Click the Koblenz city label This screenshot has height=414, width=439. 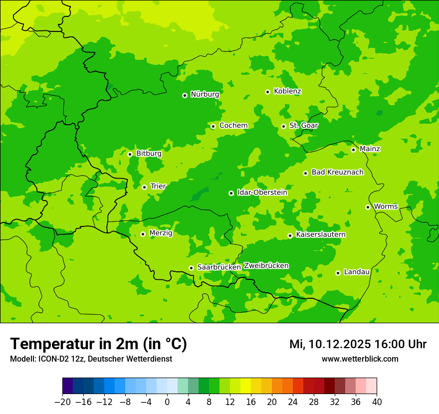(287, 91)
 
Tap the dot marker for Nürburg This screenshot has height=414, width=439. (185, 95)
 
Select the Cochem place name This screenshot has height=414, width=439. (233, 126)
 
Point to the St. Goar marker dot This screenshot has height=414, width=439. (283, 126)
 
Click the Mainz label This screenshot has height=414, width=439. (370, 149)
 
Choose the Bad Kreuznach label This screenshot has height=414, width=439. (337, 172)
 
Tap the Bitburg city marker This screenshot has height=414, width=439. (130, 154)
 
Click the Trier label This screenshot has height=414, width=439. (158, 187)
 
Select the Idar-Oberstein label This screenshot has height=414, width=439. (262, 193)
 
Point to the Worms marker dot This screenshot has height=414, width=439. (368, 207)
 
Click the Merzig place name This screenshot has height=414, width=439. (161, 233)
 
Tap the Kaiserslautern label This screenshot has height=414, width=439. (321, 234)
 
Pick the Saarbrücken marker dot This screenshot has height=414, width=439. (191, 268)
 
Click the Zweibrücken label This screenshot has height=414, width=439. (266, 266)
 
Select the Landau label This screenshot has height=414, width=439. (357, 272)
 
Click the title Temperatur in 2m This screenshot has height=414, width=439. (98, 344)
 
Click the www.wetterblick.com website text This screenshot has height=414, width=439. (360, 359)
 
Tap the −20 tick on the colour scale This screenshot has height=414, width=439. (62, 402)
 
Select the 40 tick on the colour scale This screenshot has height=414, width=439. (377, 402)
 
